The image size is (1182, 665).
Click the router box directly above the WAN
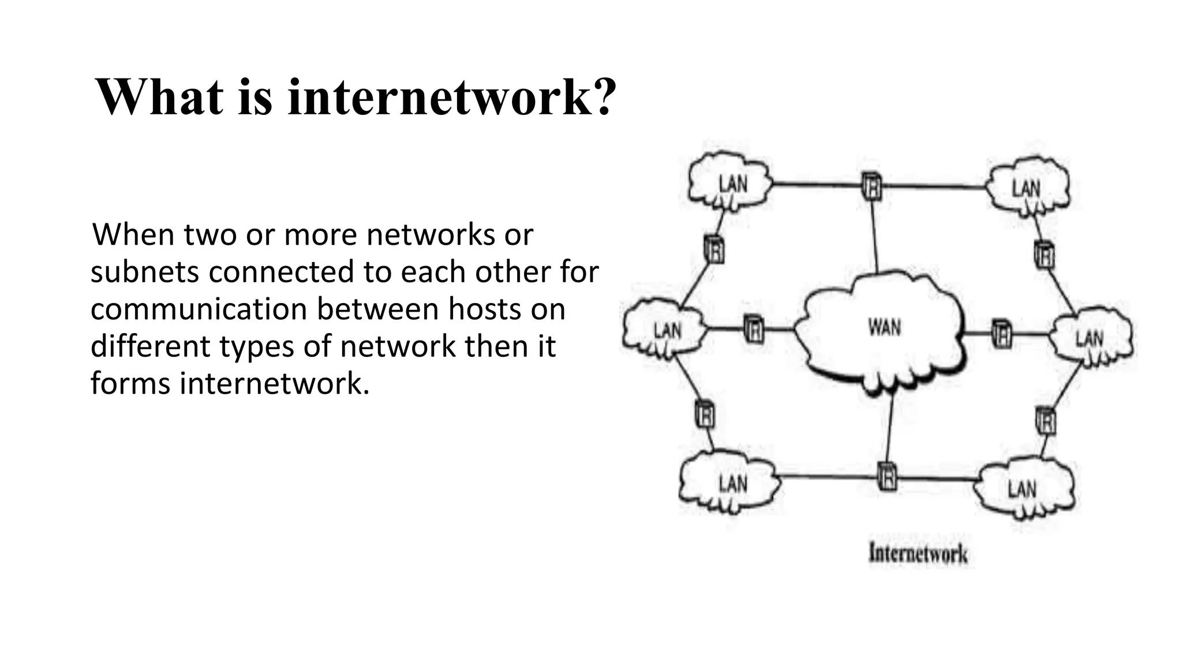tap(871, 186)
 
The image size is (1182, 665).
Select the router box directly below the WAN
tap(887, 477)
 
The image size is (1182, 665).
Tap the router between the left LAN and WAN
tap(753, 329)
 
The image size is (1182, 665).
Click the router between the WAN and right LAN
tap(1001, 334)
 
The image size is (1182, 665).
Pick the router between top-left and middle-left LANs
tap(715, 250)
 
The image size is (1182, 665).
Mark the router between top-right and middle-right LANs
tap(1044, 255)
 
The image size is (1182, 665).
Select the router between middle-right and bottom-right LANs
tap(1046, 421)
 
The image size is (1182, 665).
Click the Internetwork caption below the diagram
tap(918, 554)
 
